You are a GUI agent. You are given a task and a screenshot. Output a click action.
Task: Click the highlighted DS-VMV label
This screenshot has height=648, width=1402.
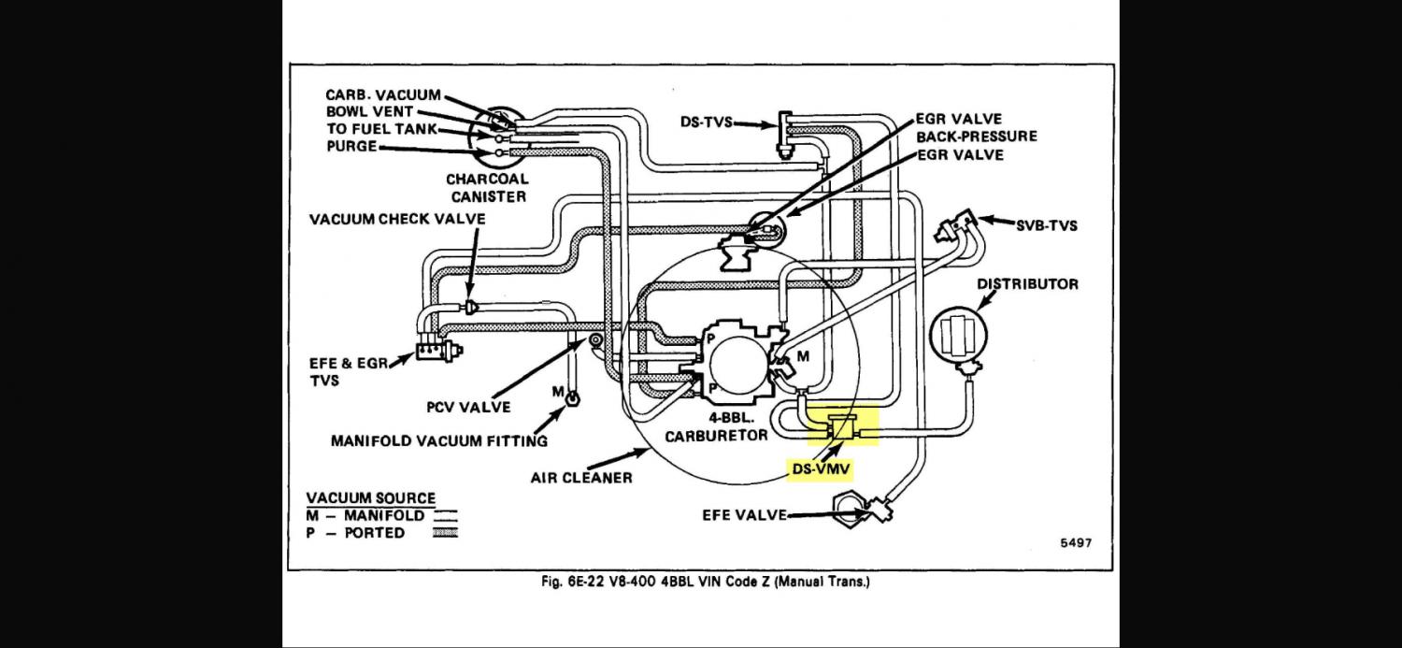pos(822,469)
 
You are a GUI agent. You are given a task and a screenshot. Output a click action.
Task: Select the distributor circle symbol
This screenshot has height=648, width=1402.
pos(959,336)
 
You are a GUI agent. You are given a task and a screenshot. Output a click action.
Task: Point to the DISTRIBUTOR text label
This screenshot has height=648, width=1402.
pos(1028,284)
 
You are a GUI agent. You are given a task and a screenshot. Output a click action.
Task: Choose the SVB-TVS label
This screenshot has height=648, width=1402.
pos(1047,226)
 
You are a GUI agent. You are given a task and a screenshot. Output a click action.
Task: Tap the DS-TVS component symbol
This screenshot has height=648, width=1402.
pos(785,136)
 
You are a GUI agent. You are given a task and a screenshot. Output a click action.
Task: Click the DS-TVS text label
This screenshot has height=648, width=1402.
pos(706,122)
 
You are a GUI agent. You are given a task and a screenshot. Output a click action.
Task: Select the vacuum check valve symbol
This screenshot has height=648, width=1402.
pos(471,306)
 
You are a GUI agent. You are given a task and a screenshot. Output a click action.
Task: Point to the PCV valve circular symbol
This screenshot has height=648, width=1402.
pos(595,340)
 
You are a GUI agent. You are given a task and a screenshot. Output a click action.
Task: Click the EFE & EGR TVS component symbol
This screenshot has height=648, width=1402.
pos(437,352)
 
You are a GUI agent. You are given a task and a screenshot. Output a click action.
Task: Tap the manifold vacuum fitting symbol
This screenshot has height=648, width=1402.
pos(572,397)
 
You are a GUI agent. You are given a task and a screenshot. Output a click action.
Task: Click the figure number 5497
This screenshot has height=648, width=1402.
pos(1076,543)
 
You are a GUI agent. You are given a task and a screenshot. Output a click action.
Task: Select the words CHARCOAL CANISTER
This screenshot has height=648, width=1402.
pos(488,188)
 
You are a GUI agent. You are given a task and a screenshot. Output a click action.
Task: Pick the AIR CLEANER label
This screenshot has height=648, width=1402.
pos(581,478)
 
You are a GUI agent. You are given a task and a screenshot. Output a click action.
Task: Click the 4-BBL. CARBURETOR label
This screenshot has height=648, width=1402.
pos(716,427)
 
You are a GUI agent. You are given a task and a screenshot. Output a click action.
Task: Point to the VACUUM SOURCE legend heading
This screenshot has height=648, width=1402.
pos(370,498)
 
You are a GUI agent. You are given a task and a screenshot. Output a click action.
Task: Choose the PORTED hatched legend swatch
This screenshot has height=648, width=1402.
pos(445,533)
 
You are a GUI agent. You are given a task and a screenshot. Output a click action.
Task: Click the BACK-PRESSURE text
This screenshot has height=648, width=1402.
pos(977,137)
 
